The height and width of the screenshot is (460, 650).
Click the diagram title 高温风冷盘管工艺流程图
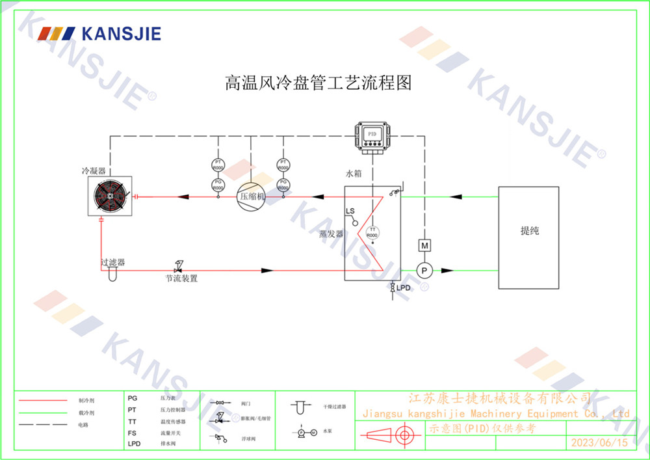pos(318,83)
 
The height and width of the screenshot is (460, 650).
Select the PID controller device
pos(372,135)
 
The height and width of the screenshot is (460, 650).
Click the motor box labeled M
pos(424,245)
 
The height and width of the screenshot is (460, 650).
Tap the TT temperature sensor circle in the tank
pos(372,232)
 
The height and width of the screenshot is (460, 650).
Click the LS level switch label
pos(350,211)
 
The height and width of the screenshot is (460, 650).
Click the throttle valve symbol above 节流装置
pos(179,266)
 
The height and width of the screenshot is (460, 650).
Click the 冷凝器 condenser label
pos(93,171)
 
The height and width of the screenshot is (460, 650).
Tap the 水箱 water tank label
pos(354,174)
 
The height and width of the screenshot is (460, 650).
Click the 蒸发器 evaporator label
pos(331,234)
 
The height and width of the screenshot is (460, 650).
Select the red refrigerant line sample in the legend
pos(43,401)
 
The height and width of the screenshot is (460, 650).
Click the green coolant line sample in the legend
pos(43,412)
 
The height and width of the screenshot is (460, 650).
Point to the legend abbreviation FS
pos(132,432)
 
